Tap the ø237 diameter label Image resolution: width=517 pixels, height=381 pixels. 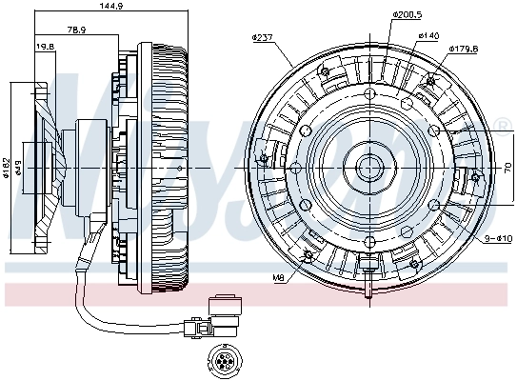tap(263, 37)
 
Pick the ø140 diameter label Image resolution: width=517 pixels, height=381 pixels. tap(428, 35)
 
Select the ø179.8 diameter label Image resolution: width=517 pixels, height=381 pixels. tap(462, 47)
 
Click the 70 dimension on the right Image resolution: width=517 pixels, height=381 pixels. tap(507, 168)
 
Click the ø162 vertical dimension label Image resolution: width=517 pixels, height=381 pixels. tap(7, 167)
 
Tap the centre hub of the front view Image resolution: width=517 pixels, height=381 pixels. tap(369, 170)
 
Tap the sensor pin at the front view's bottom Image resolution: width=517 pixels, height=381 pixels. tap(368, 284)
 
